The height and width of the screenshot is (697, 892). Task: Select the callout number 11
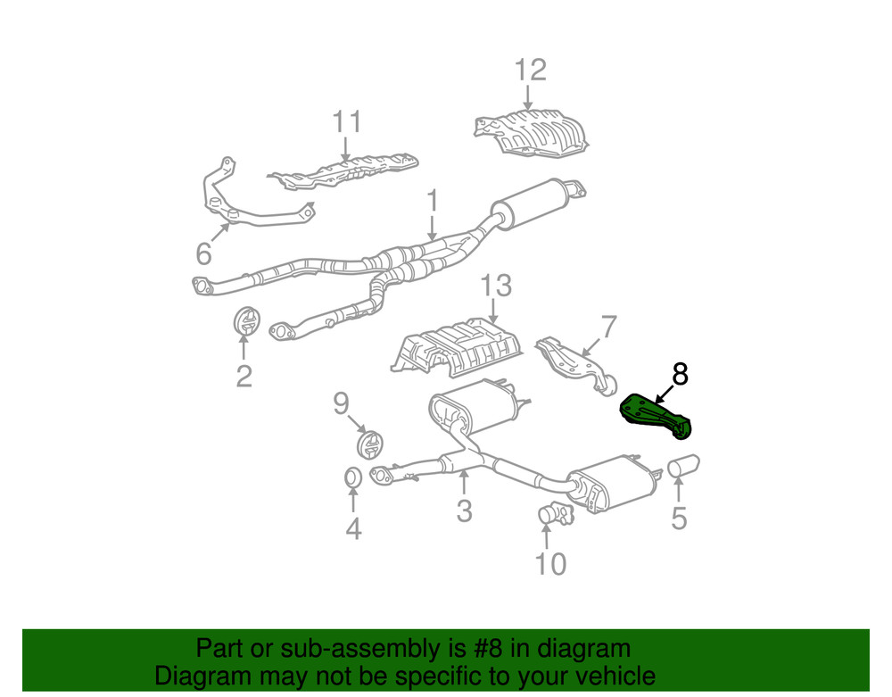347,122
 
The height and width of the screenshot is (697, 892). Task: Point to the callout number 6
204,255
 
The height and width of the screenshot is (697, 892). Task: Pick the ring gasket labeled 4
353,477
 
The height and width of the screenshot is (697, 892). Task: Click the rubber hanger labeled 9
368,444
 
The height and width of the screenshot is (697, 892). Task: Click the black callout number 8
680,374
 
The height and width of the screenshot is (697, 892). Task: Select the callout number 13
496,286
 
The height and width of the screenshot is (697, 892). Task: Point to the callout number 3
464,510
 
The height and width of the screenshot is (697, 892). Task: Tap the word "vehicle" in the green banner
611,676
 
